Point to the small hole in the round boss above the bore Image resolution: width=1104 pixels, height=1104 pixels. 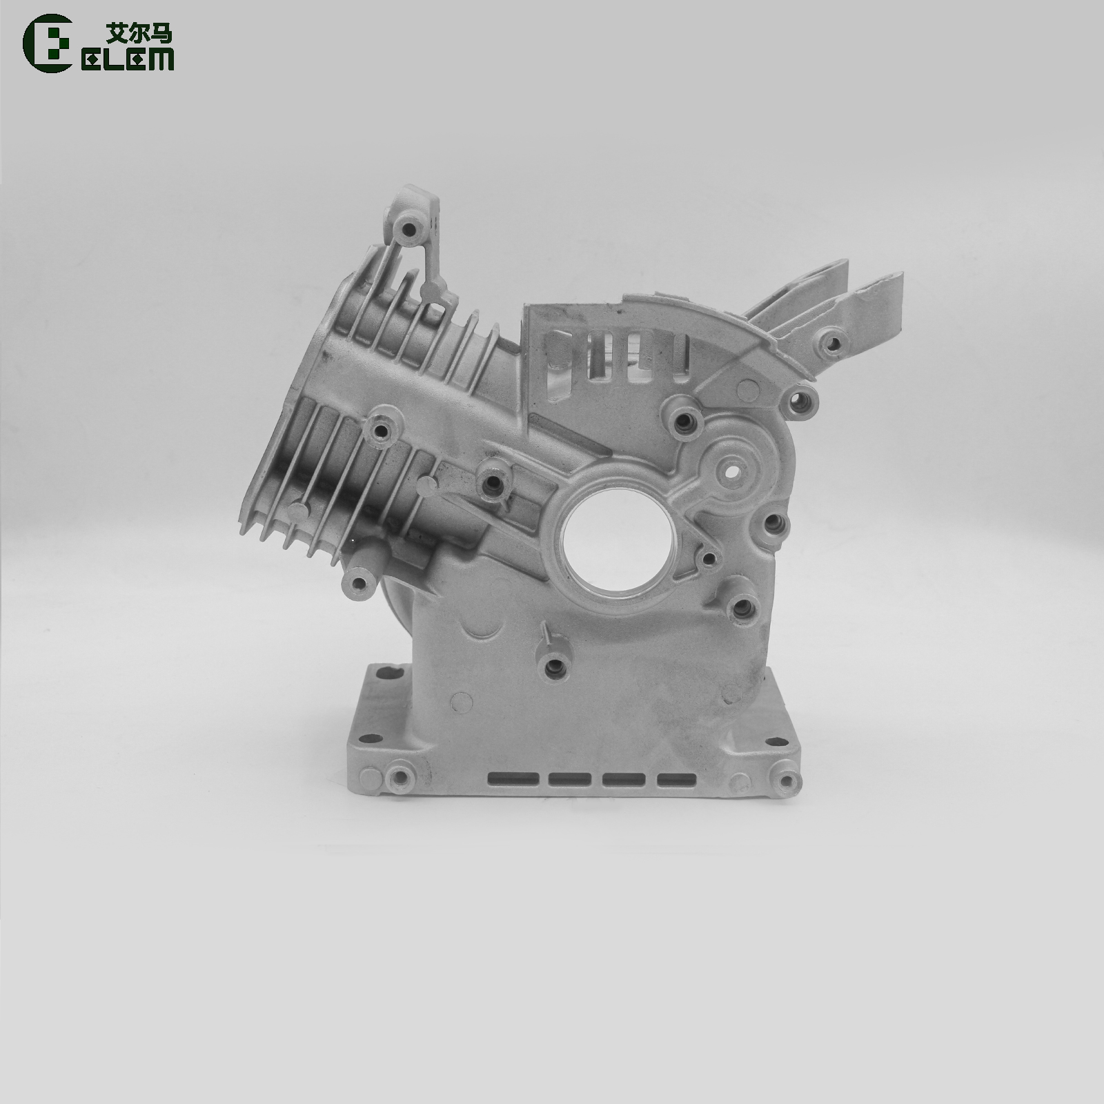pyautogui.click(x=730, y=475)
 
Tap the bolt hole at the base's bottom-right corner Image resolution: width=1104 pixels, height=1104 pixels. pyautogui.click(x=785, y=780)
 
